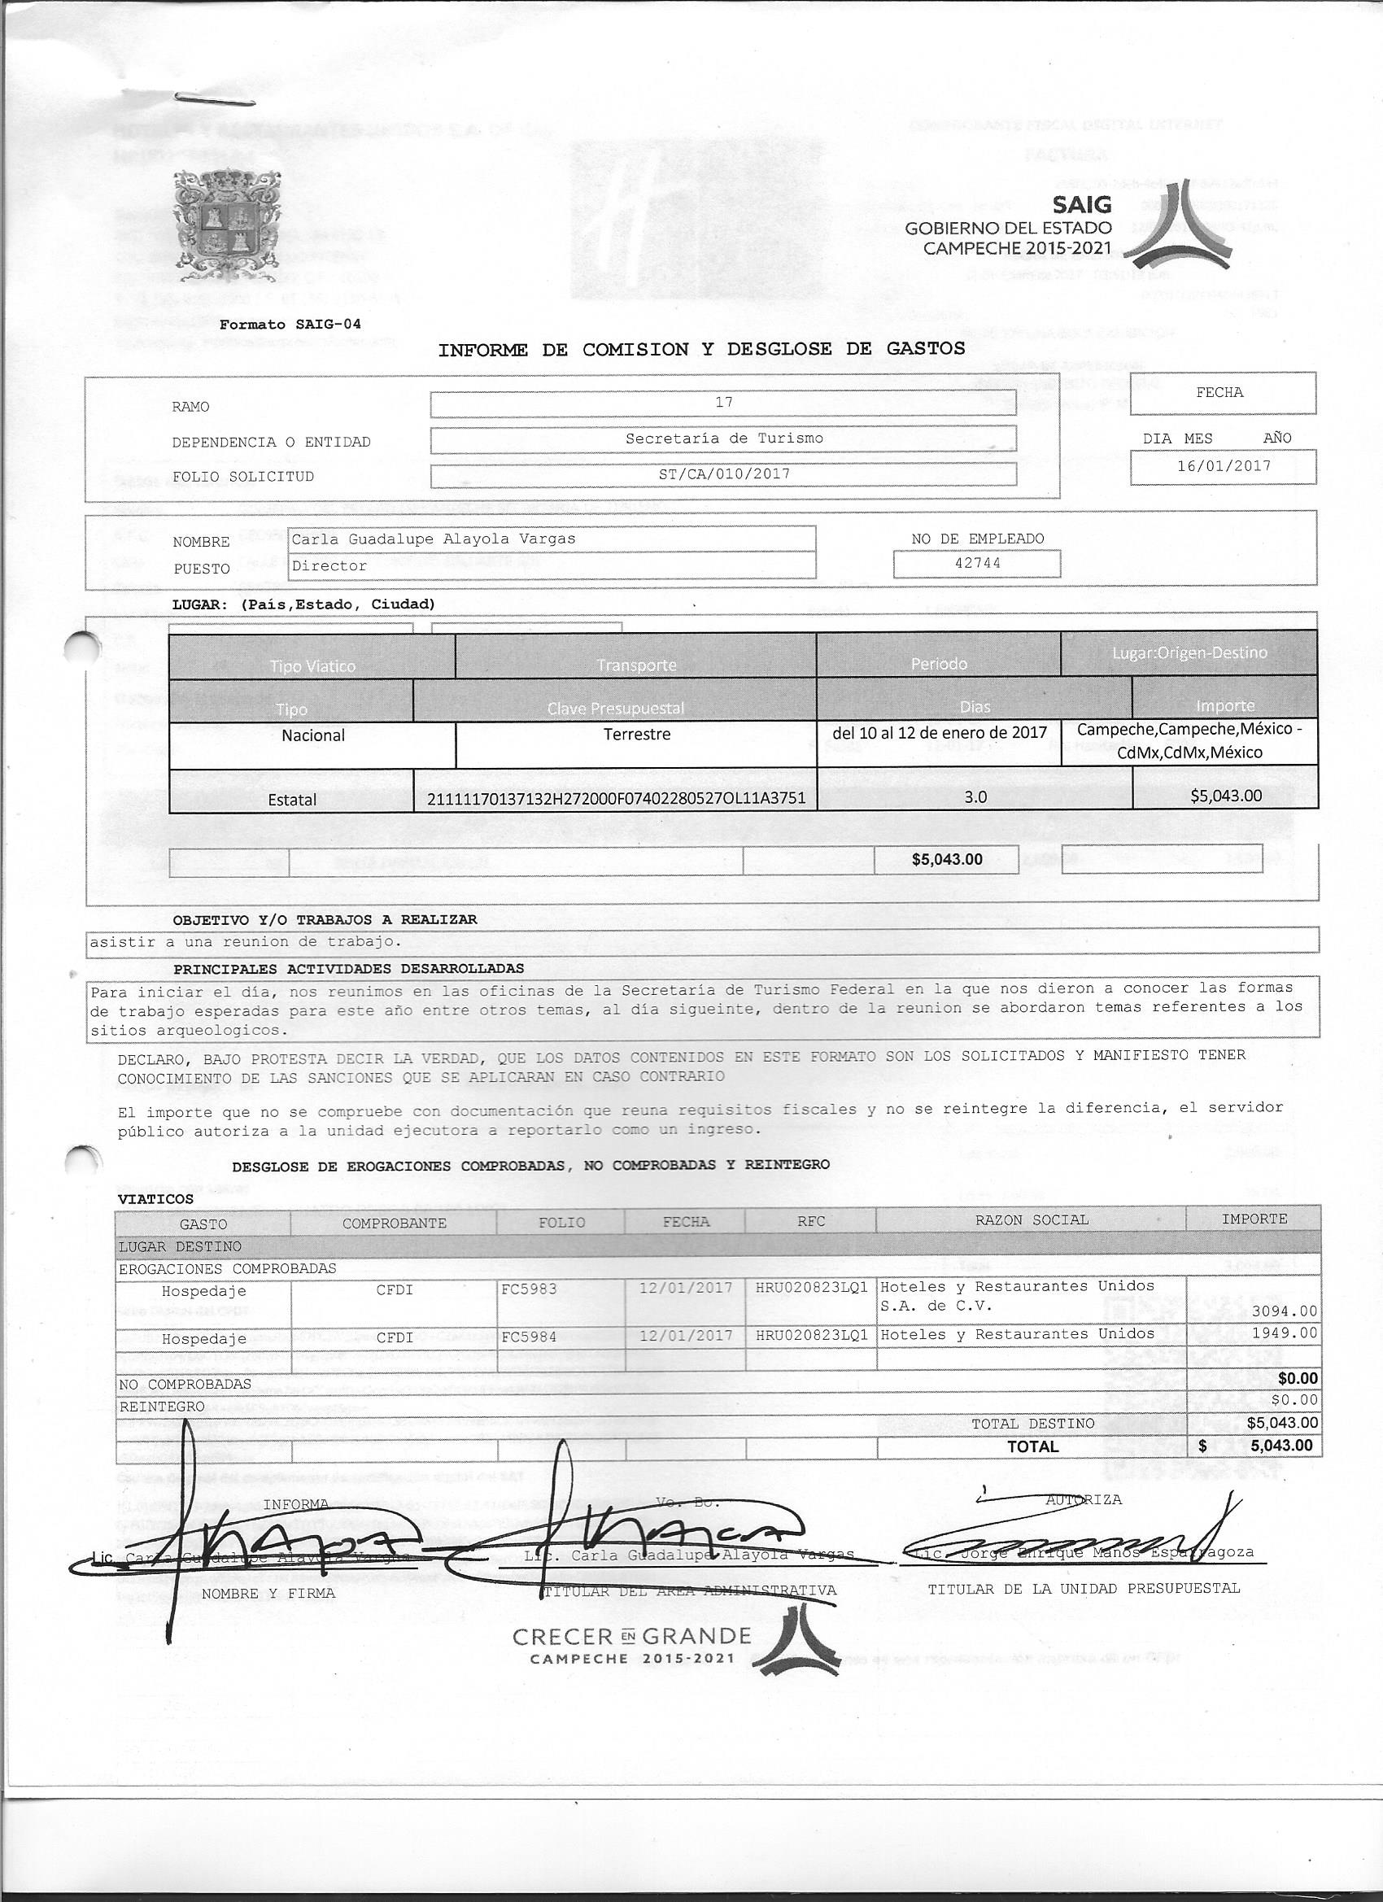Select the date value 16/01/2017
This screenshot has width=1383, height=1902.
(1224, 465)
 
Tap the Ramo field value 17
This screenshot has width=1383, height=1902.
(723, 403)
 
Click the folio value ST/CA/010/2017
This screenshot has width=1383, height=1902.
(723, 473)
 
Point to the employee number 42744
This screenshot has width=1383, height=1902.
(977, 563)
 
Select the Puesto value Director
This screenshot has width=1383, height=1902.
(329, 565)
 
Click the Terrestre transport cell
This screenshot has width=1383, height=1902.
(635, 734)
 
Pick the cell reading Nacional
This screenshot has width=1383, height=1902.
(313, 735)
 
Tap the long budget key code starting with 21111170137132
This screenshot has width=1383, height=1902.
(616, 797)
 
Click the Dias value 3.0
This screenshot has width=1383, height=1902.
(975, 796)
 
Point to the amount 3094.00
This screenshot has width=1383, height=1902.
(1283, 1310)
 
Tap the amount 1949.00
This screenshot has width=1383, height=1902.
(1283, 1333)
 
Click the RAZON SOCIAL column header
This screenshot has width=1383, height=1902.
(1031, 1219)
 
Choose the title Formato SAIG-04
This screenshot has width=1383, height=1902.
(290, 325)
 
